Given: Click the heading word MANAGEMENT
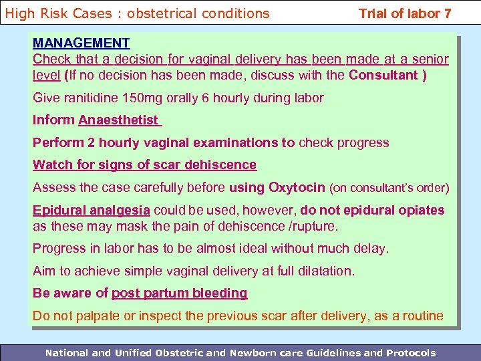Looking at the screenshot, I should (x=82, y=43).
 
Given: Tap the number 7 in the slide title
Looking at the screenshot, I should (x=447, y=13).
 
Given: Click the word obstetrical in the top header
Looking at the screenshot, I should (x=144, y=13).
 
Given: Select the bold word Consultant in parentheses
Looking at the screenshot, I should (x=383, y=76).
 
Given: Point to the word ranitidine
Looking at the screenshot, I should (x=92, y=98).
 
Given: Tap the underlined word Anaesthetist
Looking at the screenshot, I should (x=118, y=120).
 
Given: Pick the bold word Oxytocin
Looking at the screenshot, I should (x=297, y=187).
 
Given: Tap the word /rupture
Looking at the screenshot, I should (x=319, y=226).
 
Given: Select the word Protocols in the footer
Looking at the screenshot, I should (x=410, y=353).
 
